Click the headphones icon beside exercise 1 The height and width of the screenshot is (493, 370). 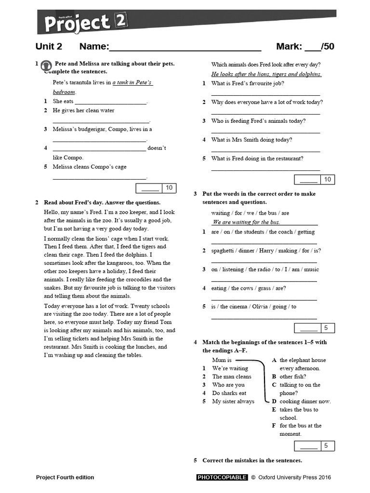point(46,65)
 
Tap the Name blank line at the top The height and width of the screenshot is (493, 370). point(185,47)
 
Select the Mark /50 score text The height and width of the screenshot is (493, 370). point(304,47)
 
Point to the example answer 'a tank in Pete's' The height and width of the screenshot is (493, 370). point(132,82)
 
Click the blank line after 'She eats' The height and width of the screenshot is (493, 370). point(110,102)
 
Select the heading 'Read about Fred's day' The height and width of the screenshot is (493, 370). point(102,202)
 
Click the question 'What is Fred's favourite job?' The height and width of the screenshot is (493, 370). point(247,83)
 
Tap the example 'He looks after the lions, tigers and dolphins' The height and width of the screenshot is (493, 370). point(266,74)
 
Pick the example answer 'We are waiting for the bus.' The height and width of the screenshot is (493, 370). point(246,222)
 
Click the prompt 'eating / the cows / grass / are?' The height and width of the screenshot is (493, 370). point(248,288)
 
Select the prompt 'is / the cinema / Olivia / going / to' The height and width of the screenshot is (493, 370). point(253,307)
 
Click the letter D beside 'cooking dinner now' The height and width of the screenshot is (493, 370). point(274,401)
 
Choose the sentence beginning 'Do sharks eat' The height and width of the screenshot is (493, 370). point(229,393)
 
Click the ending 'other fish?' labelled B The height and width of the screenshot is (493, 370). point(292,376)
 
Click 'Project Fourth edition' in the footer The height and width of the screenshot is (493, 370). point(65,477)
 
